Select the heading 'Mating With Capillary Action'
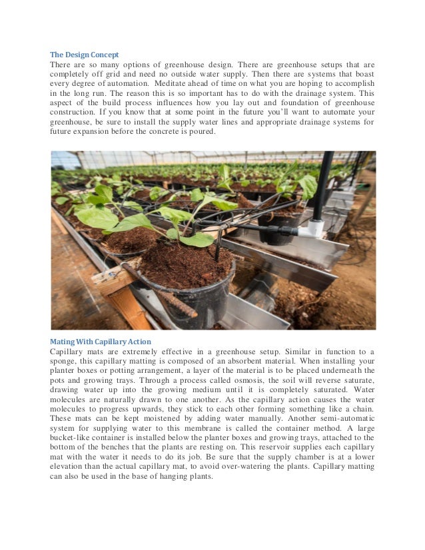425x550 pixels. point(101,342)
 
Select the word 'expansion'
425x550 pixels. point(97,133)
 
